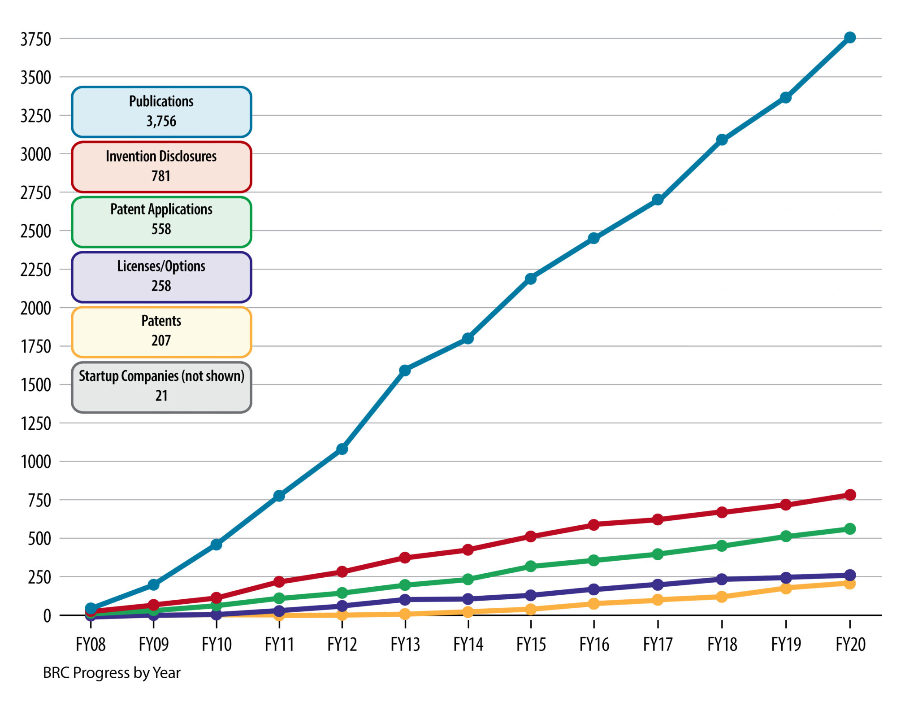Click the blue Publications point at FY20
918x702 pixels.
pyautogui.click(x=849, y=38)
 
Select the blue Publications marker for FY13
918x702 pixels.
pyautogui.click(x=405, y=370)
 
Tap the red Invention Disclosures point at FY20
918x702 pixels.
pyautogui.click(x=849, y=495)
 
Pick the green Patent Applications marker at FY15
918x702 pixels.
pyautogui.click(x=531, y=566)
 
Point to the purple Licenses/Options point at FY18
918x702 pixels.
pyautogui.click(x=722, y=579)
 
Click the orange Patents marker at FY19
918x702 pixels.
pyautogui.click(x=785, y=588)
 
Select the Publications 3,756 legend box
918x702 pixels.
pyautogui.click(x=161, y=112)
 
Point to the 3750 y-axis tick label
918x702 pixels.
pyautogui.click(x=36, y=39)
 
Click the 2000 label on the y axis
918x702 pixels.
pyautogui.click(x=36, y=309)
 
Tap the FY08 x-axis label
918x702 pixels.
pyautogui.click(x=91, y=645)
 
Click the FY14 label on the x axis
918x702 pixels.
pyautogui.click(x=468, y=645)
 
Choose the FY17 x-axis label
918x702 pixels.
pyautogui.click(x=658, y=645)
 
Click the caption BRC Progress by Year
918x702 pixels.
pyautogui.click(x=112, y=673)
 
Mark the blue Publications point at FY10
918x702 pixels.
pyautogui.click(x=216, y=544)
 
